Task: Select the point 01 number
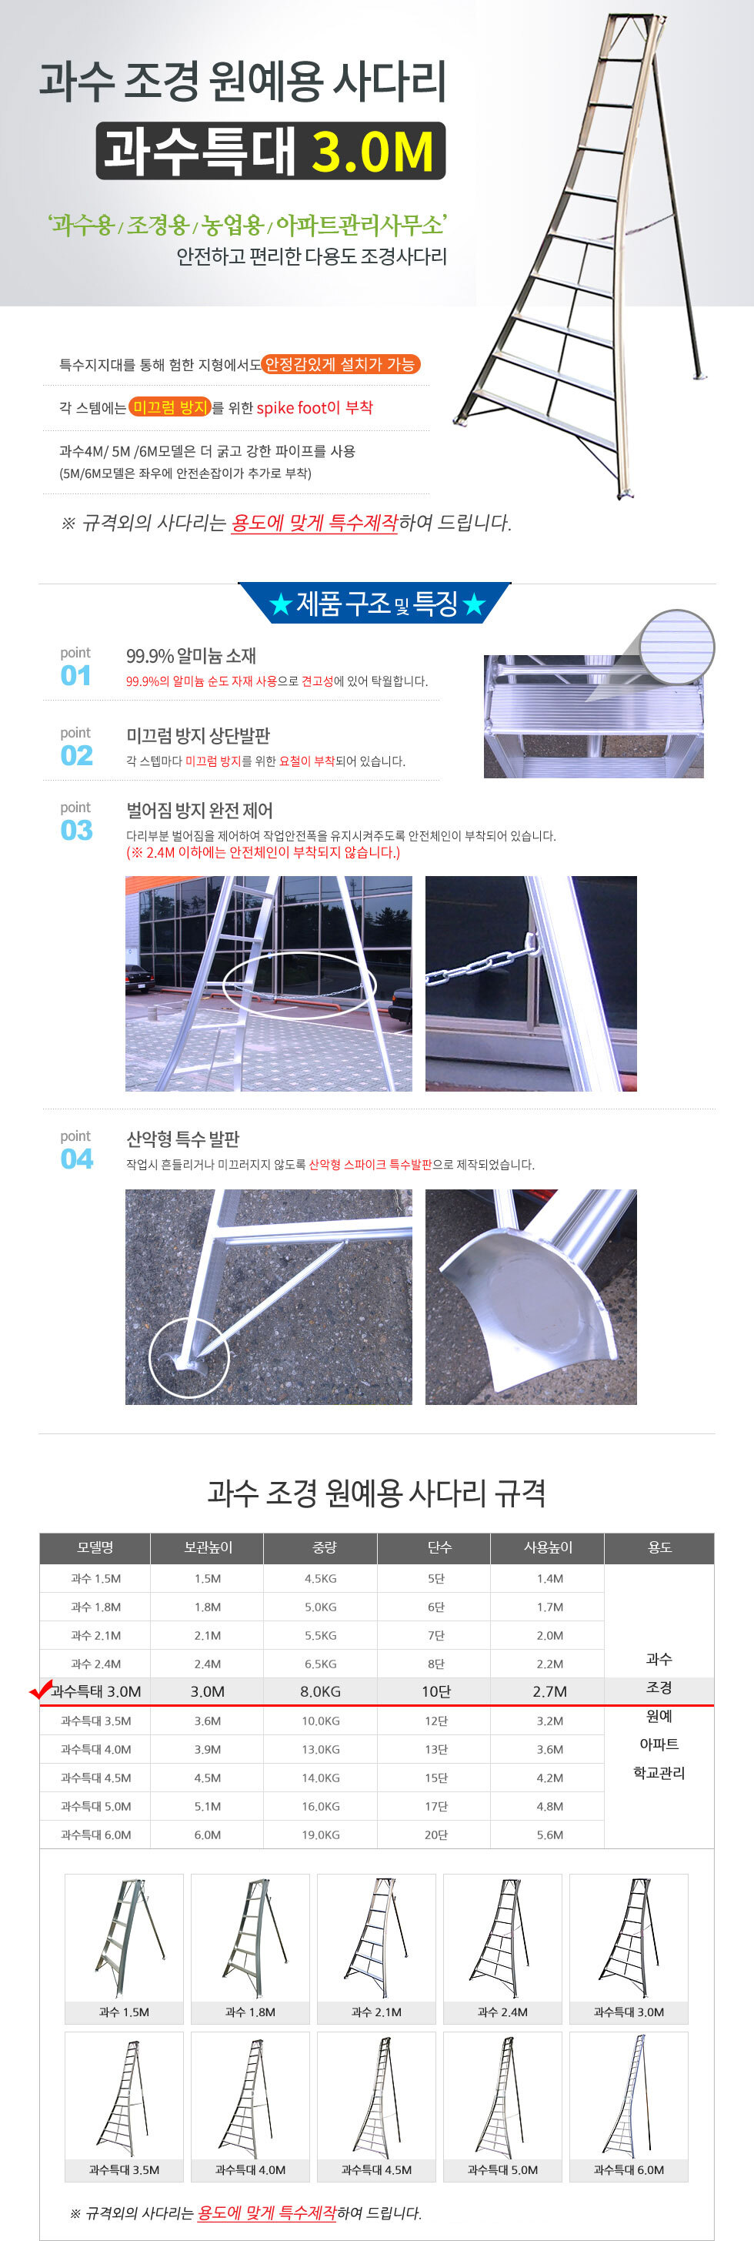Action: [x=75, y=675]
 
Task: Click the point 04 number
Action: [x=76, y=1159]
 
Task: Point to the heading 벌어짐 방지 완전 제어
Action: [x=199, y=810]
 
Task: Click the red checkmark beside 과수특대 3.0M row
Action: [x=40, y=1690]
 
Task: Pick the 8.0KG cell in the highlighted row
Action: [x=320, y=1691]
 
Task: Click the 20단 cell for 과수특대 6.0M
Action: [x=435, y=1835]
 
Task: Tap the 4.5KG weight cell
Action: [x=320, y=1578]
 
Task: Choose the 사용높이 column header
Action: [x=548, y=1547]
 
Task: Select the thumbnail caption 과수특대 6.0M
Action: [x=629, y=2169]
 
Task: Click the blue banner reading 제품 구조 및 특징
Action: [x=375, y=604]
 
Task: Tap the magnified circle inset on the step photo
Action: [x=676, y=647]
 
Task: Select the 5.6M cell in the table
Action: [x=549, y=1835]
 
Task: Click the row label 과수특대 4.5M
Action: [x=95, y=1778]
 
